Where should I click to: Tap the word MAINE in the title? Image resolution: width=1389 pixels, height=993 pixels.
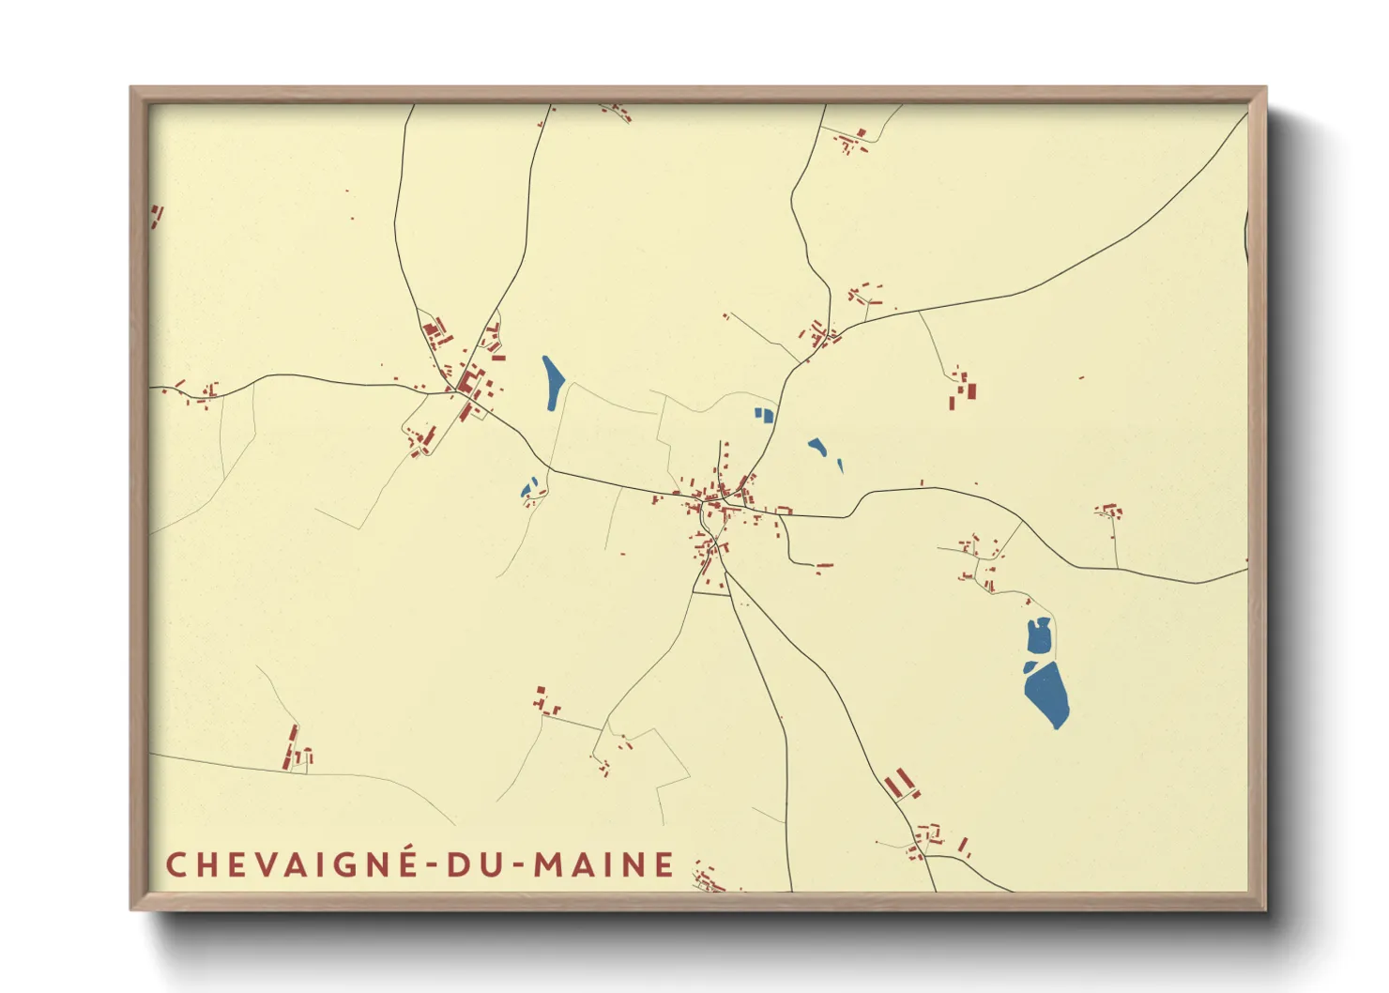604,864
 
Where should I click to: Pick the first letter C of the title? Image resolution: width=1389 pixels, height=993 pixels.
176,864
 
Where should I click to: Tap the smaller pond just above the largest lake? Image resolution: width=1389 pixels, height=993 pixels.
1039,637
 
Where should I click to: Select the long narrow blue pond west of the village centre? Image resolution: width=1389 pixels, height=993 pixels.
552,381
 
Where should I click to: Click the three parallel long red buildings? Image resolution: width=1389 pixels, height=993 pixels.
900,784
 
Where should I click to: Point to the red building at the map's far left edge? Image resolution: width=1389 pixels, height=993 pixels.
156,216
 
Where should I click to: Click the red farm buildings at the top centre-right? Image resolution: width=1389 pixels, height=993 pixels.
852,141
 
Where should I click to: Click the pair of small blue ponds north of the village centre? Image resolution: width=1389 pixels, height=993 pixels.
764,413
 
